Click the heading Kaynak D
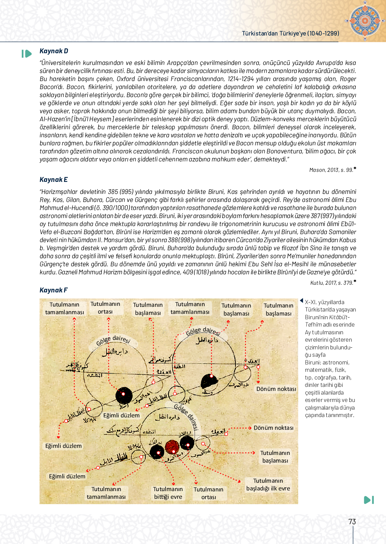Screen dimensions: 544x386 pos(54,51)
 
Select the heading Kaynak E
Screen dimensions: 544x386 pos(54,180)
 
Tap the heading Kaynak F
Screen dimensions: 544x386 pos(54,290)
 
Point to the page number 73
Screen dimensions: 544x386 pos(352,522)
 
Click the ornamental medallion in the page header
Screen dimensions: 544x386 pos(365,20)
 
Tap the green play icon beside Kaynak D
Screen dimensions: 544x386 pos(26,54)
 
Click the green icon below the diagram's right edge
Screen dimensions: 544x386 pos(369,500)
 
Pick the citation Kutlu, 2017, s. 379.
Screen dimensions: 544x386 pos(332,283)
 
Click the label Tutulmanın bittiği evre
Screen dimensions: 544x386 pos(168,493)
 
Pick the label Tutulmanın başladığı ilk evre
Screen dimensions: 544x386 pos(268,484)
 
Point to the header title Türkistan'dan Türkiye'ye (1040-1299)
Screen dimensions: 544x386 pos(291,33)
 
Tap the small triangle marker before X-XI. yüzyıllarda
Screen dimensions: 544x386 pos(302,300)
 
